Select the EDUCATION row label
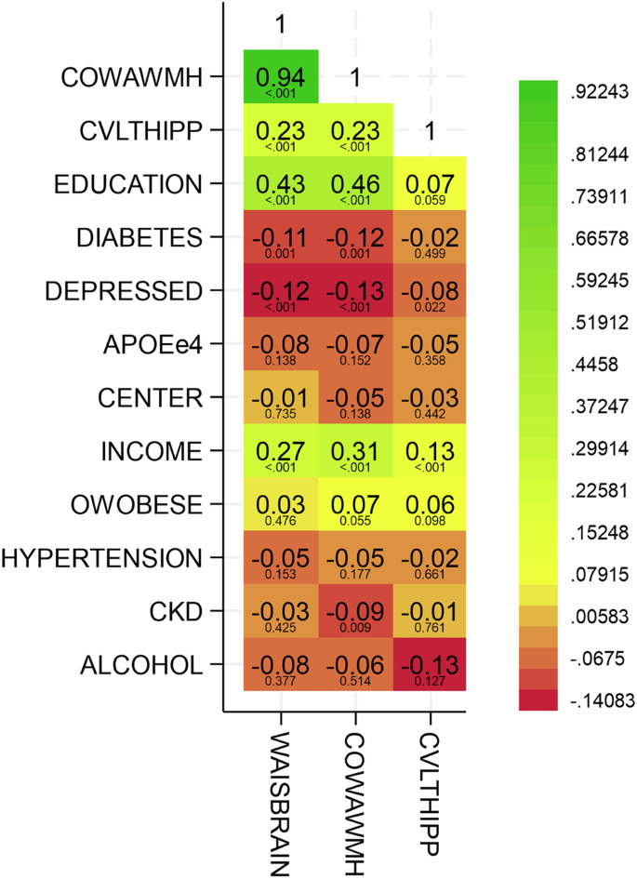(x=139, y=183)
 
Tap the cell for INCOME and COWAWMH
(x=355, y=452)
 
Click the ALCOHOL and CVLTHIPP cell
(x=430, y=665)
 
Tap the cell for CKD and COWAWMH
(x=355, y=611)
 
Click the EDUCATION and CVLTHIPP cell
(x=430, y=183)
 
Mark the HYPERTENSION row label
(x=102, y=558)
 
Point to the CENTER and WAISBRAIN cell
(x=281, y=398)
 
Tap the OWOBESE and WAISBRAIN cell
(x=281, y=505)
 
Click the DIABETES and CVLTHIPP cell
(x=430, y=237)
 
